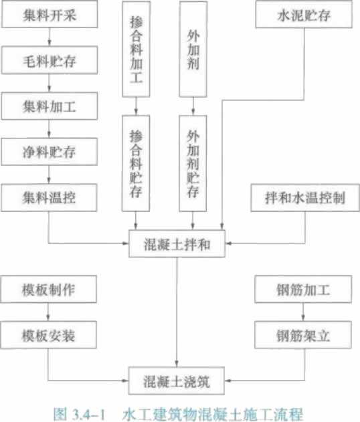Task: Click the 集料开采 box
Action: [x=50, y=14]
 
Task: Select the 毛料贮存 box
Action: [x=50, y=60]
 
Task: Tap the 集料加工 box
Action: [x=50, y=106]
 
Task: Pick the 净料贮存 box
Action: [x=49, y=152]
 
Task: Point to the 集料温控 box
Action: [x=49, y=198]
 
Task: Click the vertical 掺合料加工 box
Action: [x=137, y=49]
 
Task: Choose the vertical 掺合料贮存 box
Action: [x=136, y=163]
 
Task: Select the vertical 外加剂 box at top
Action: [x=193, y=49]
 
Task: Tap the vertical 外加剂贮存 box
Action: [x=193, y=163]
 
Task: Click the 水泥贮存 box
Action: [x=304, y=14]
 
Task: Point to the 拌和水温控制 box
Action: [x=305, y=198]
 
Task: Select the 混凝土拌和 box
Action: [x=177, y=243]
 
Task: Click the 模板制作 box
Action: [x=48, y=290]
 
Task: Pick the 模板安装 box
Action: [x=48, y=335]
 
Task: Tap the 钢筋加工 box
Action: [x=303, y=290]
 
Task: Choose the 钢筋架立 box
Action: [x=303, y=335]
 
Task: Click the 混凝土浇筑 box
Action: [x=177, y=381]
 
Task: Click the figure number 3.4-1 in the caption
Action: [x=88, y=414]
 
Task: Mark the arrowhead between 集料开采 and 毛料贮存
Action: [x=50, y=43]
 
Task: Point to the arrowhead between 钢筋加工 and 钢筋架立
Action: [x=303, y=318]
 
